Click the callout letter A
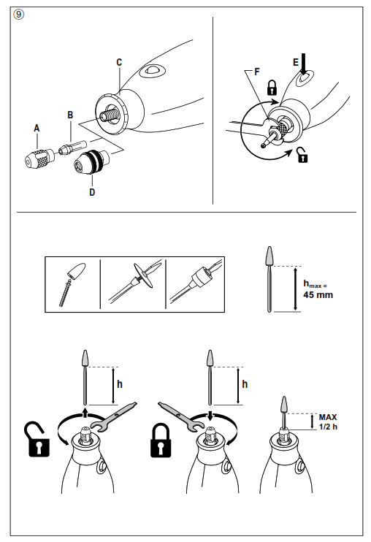click(x=37, y=126)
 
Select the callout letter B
click(x=70, y=115)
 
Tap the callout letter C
click(x=118, y=63)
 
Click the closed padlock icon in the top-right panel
click(x=272, y=89)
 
